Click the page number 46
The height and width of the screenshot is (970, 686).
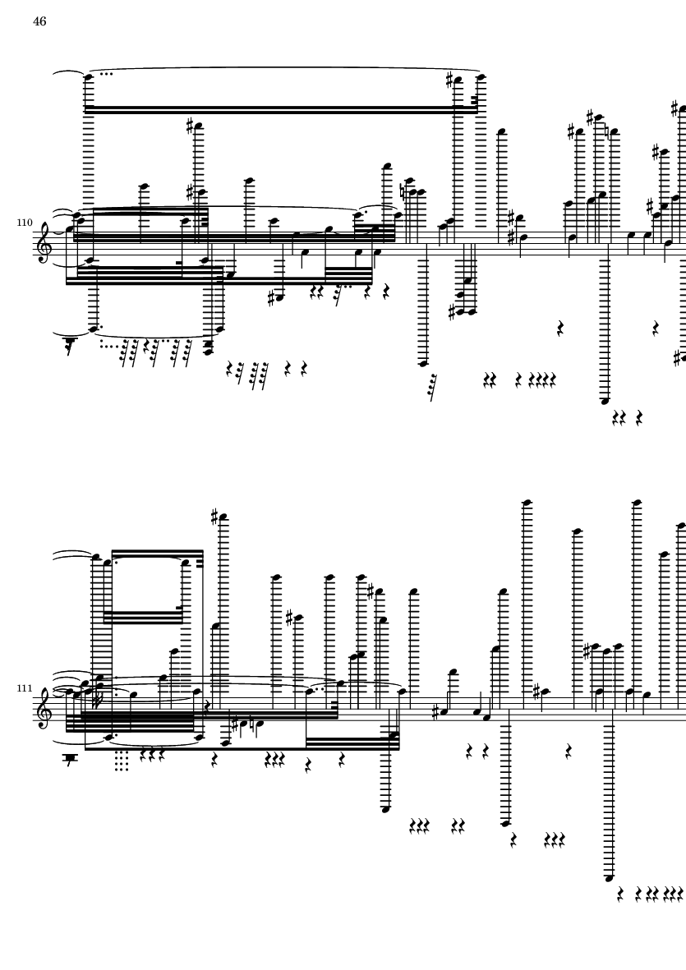click(x=39, y=21)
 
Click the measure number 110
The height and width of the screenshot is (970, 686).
click(x=24, y=222)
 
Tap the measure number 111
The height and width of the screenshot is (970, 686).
click(x=24, y=688)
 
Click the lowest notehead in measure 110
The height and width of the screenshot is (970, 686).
click(x=605, y=401)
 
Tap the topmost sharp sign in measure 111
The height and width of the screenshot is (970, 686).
click(x=214, y=516)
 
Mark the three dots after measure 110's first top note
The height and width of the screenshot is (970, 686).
click(x=106, y=74)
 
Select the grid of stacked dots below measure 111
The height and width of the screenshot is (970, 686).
click(x=122, y=761)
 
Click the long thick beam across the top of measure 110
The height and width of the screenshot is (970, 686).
click(x=281, y=109)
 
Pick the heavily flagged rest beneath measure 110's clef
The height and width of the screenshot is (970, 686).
click(x=69, y=345)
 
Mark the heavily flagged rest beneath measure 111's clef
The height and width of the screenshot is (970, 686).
click(x=70, y=759)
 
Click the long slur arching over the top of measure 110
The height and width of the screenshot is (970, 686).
click(x=284, y=67)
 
